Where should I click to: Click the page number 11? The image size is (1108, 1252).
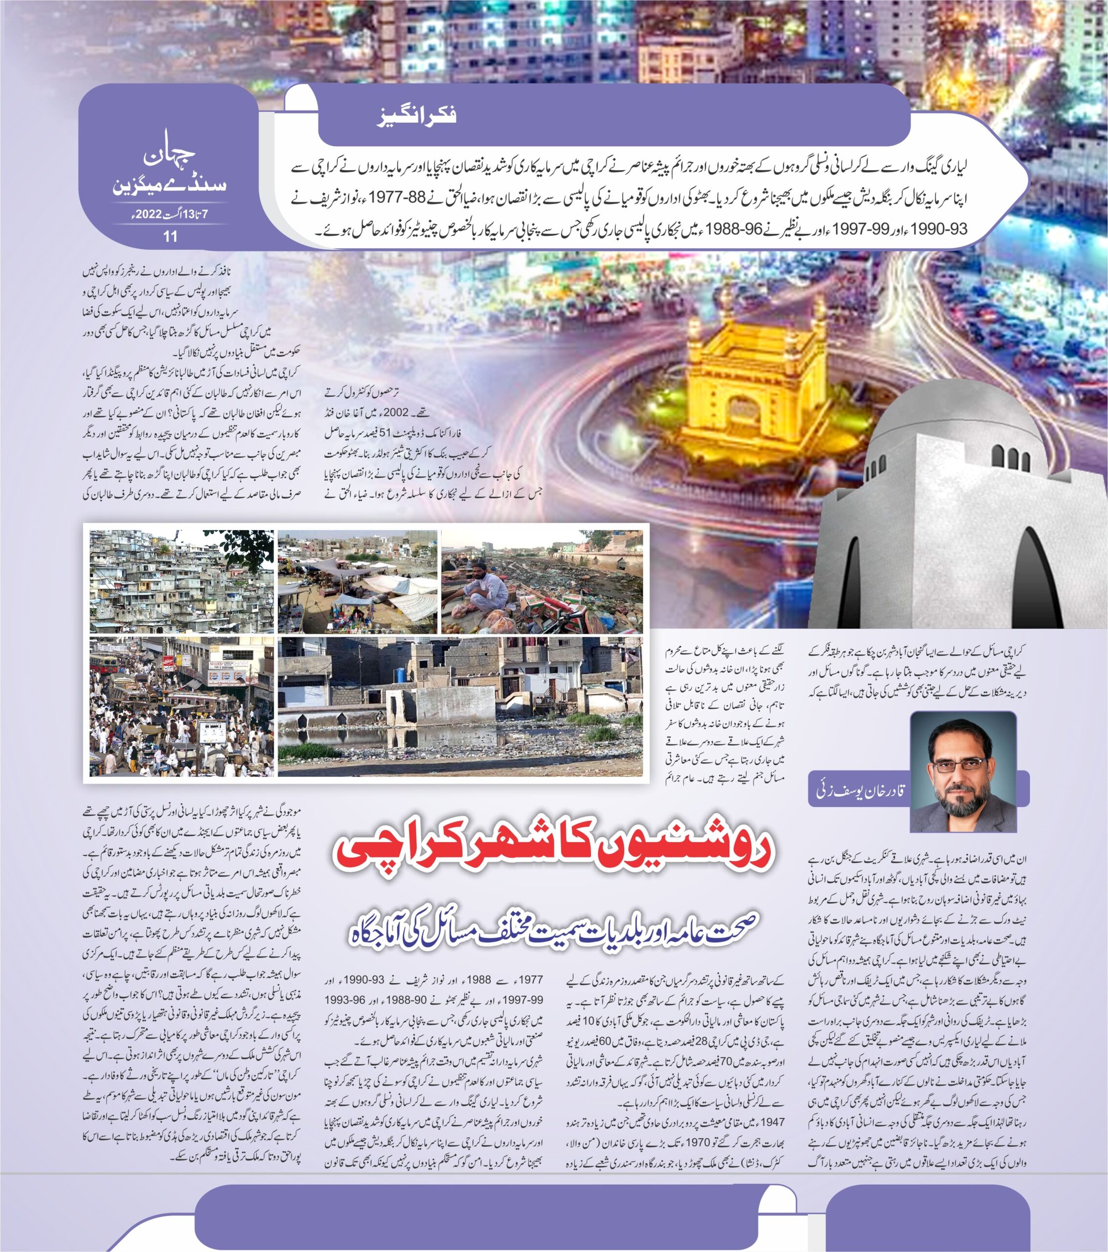tap(170, 236)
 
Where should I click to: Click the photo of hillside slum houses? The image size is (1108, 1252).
tap(182, 582)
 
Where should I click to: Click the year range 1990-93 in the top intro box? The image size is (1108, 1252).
tap(941, 230)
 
